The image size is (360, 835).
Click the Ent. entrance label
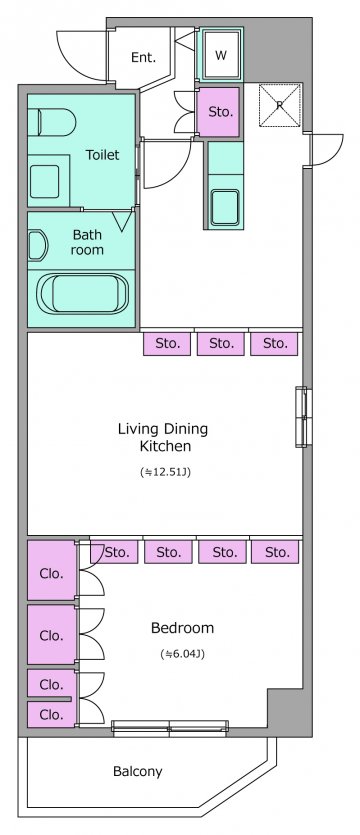pyautogui.click(x=143, y=58)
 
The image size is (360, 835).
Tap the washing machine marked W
pyautogui.click(x=221, y=54)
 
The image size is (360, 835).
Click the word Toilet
pyautogui.click(x=103, y=155)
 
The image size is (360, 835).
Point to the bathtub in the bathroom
pyautogui.click(x=83, y=294)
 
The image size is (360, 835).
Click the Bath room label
pyautogui.click(x=87, y=242)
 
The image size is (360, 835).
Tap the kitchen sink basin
pyautogui.click(x=225, y=207)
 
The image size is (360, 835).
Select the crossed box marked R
pyautogui.click(x=280, y=105)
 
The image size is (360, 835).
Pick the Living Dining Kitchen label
pyautogui.click(x=163, y=437)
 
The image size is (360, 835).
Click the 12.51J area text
pyautogui.click(x=165, y=472)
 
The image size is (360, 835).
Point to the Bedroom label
pyautogui.click(x=183, y=628)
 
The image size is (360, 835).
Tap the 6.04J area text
pyautogui.click(x=182, y=653)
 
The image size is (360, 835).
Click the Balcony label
pyautogui.click(x=137, y=771)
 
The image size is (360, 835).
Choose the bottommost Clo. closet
pyautogui.click(x=52, y=714)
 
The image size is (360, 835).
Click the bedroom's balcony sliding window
pyautogui.click(x=170, y=727)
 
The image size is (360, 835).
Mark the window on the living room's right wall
pyautogui.click(x=301, y=416)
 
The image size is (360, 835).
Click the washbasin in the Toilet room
pyautogui.click(x=45, y=182)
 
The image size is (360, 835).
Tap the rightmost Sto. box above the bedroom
pyautogui.click(x=275, y=552)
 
